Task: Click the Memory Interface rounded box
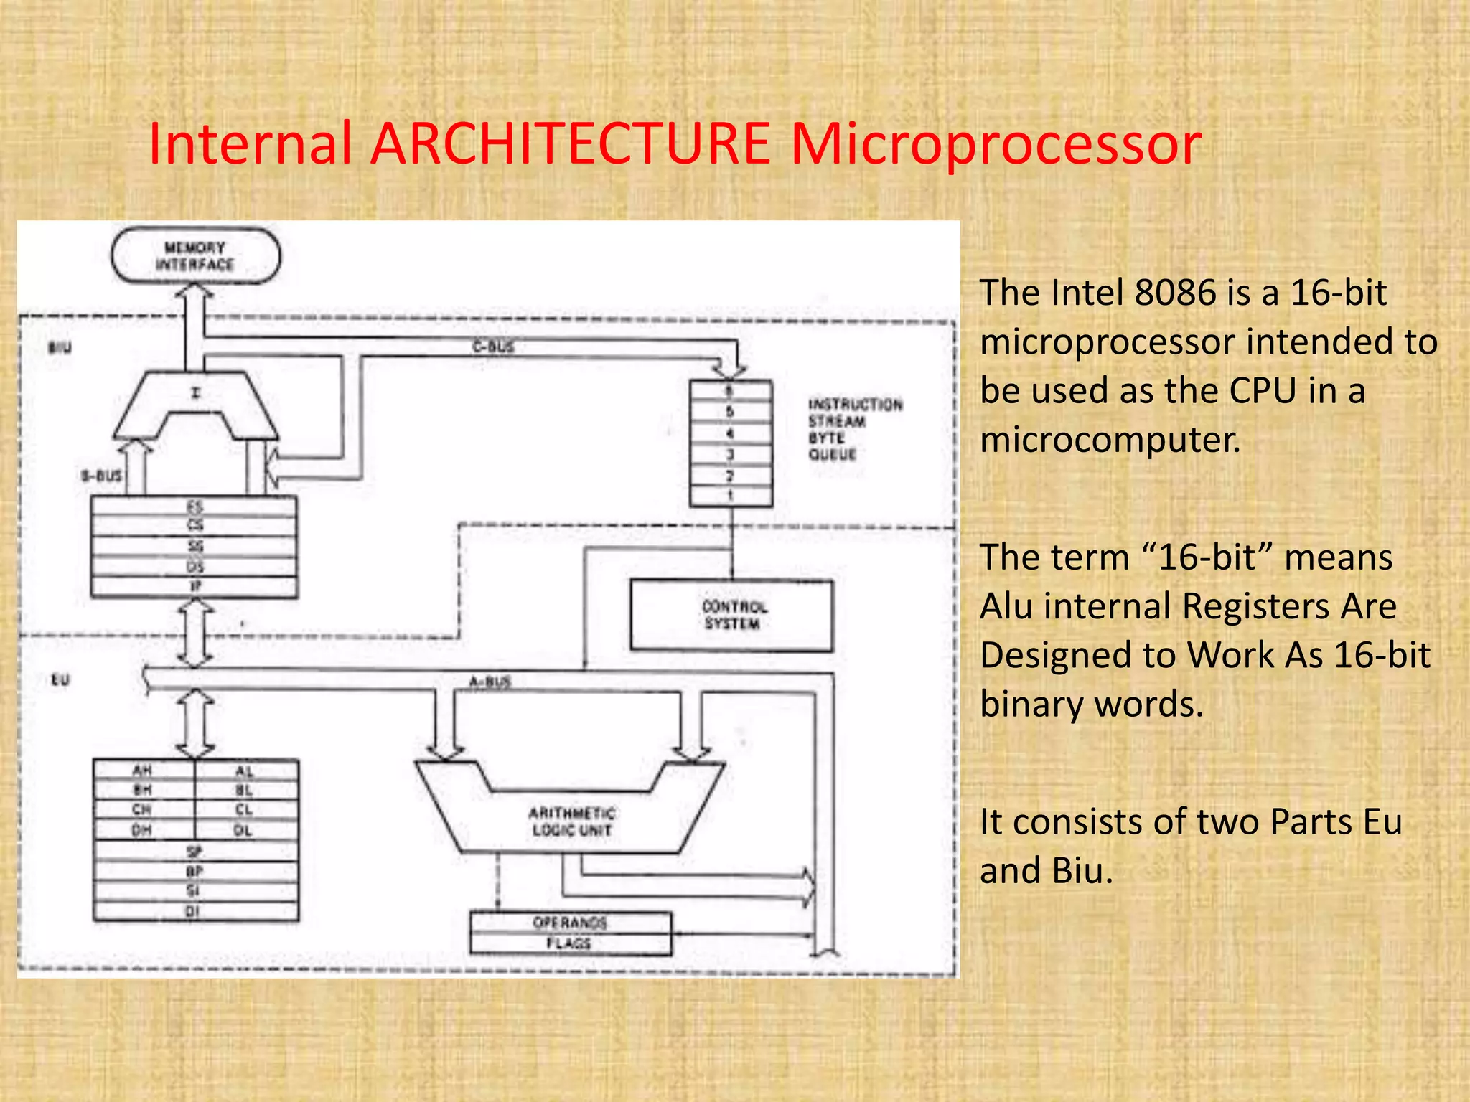click(195, 256)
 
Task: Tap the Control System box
click(731, 616)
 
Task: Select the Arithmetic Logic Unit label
click(572, 821)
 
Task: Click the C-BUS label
click(493, 347)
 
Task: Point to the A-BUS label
click(490, 682)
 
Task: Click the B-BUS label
click(100, 476)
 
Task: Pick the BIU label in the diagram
click(60, 348)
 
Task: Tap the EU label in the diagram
click(60, 679)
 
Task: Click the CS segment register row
click(195, 526)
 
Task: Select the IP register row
click(195, 587)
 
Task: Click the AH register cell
click(143, 771)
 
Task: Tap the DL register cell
click(244, 830)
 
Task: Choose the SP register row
click(195, 852)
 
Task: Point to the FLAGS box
click(569, 943)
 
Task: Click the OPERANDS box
click(570, 922)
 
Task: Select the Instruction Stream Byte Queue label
click(854, 429)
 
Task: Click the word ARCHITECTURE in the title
click(571, 143)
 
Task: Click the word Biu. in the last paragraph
click(1082, 871)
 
